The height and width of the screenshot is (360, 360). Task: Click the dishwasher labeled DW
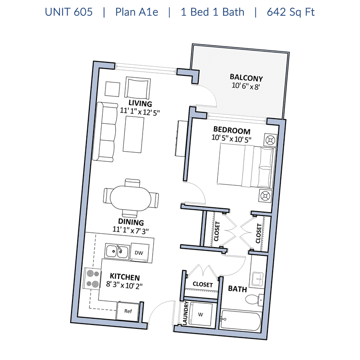coord(139,252)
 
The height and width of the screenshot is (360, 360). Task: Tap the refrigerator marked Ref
coord(128,311)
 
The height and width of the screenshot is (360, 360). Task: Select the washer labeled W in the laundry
coord(201,314)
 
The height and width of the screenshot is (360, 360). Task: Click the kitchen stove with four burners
coord(92,278)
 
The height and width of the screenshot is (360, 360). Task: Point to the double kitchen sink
coord(117,251)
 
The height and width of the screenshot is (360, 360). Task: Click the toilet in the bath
coord(254,300)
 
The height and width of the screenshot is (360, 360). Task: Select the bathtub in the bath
coord(240,320)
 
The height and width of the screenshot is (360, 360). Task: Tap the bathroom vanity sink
coord(258,278)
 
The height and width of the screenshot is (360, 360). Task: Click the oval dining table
coord(131,198)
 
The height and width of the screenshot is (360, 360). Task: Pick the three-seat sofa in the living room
coord(105,132)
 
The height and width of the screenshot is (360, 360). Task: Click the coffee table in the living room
coord(133,134)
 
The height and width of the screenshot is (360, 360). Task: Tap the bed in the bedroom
coord(246,165)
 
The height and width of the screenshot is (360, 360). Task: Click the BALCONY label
coord(246,78)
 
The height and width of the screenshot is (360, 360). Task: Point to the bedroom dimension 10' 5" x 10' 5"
coord(231,138)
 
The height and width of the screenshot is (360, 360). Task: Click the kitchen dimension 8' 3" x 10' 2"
coord(124,285)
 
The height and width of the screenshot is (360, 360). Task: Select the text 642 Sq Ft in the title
coord(291,12)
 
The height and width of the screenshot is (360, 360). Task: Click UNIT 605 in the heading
coord(69,12)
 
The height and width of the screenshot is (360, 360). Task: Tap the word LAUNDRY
coord(185,313)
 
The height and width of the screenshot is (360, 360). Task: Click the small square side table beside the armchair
coord(112,89)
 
